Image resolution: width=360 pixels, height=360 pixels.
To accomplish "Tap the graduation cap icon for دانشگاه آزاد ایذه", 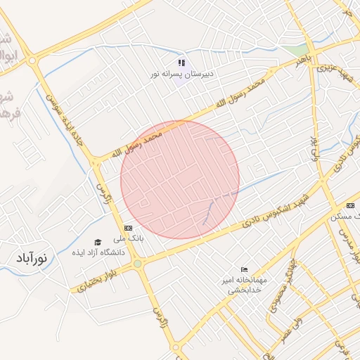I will [x=98, y=242].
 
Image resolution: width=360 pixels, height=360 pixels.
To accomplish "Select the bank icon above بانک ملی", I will [x=128, y=228].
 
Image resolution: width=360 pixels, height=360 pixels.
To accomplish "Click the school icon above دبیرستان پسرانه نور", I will [x=181, y=63].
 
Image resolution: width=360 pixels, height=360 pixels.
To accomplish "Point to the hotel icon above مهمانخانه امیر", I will [x=244, y=269].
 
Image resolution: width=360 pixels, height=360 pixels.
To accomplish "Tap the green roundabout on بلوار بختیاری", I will [x=137, y=264].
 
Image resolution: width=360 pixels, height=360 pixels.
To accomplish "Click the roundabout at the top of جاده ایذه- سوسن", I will [x=33, y=60].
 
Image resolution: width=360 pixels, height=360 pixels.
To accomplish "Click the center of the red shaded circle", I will [x=180, y=179].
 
